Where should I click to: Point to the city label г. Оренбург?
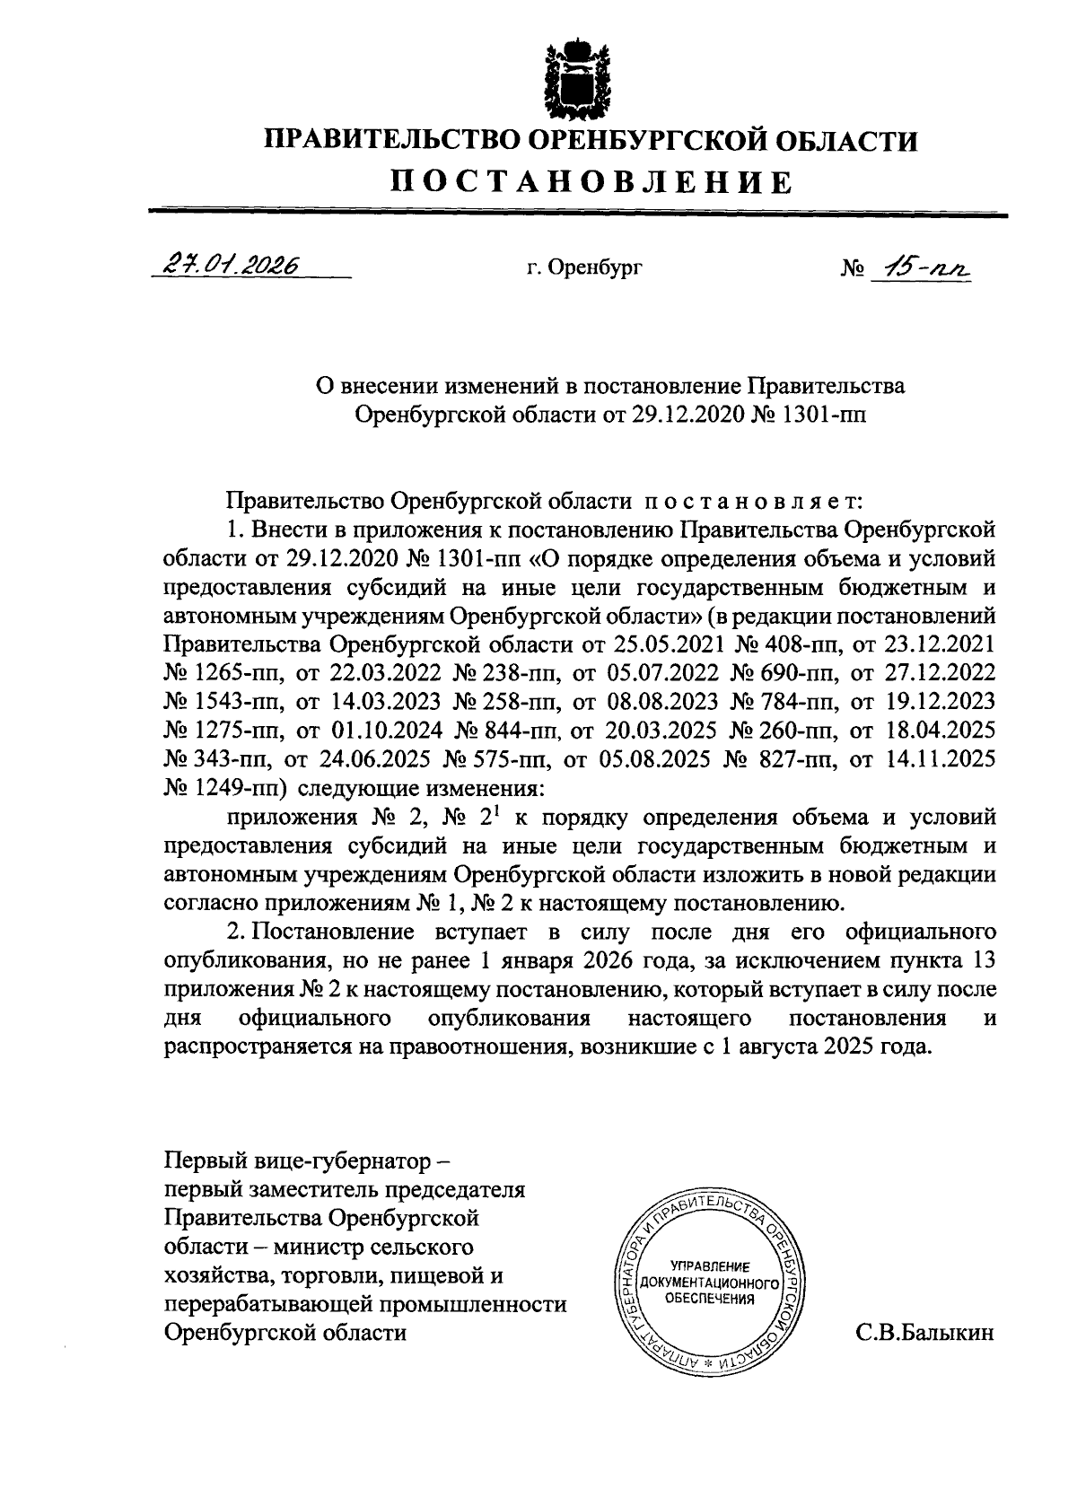(585, 267)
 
